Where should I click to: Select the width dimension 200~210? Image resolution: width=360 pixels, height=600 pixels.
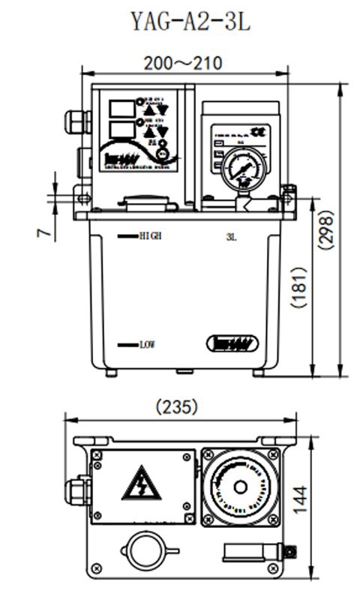click(x=183, y=64)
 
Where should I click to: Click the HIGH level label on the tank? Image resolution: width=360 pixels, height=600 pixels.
click(x=150, y=235)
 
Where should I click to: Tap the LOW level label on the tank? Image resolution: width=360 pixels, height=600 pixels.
click(x=146, y=345)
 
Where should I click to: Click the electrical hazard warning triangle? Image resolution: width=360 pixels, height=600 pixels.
click(x=141, y=484)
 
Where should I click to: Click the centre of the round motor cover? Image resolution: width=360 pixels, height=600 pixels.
click(x=240, y=487)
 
